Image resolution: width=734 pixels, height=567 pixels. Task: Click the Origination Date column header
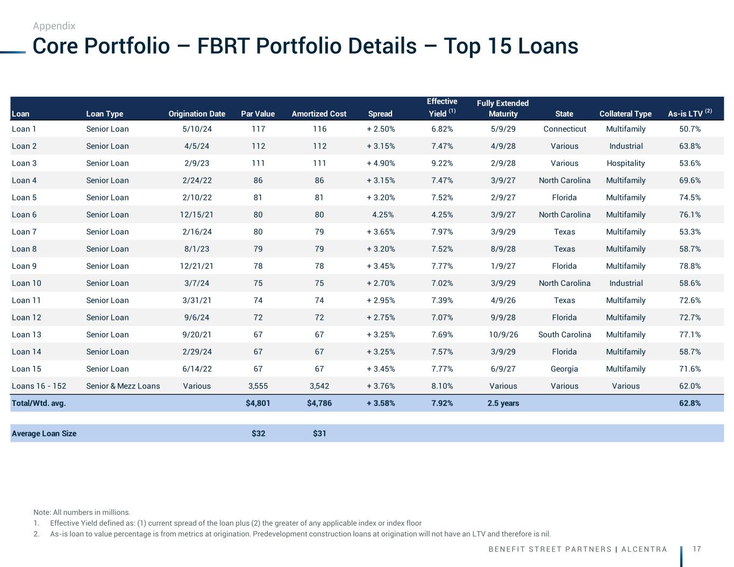(197, 113)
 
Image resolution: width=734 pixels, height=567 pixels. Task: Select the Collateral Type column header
(625, 113)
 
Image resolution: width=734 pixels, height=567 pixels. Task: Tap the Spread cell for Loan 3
(381, 163)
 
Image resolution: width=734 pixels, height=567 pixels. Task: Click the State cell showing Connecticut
(565, 129)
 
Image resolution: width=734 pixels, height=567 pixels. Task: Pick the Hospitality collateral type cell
(625, 163)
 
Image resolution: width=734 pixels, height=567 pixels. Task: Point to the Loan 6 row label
(24, 214)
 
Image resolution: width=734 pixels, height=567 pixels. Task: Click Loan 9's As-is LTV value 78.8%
(690, 266)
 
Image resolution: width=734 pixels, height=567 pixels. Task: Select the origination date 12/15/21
(197, 214)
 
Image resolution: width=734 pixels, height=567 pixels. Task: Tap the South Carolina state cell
(565, 334)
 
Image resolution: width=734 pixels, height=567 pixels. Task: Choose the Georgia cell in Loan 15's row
(565, 369)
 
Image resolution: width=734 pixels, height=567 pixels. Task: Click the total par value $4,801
(258, 403)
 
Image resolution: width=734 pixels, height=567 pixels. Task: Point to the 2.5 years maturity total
(503, 403)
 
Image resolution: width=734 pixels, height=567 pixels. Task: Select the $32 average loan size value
(259, 433)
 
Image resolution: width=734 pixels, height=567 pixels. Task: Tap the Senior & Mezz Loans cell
(123, 386)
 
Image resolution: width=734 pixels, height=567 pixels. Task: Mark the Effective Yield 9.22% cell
(442, 163)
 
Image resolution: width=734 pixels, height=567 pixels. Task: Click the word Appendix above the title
(54, 26)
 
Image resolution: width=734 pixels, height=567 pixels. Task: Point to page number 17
(697, 549)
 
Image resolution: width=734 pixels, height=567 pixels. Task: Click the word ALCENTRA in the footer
(644, 549)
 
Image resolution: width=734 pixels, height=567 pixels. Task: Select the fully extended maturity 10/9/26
(503, 334)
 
